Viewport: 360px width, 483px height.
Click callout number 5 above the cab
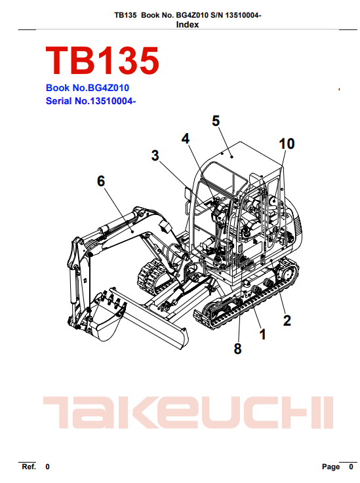click(216, 121)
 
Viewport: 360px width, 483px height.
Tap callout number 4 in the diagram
click(185, 139)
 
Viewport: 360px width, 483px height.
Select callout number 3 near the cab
click(155, 155)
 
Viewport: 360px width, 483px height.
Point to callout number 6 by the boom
click(101, 181)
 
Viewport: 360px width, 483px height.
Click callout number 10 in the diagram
click(287, 144)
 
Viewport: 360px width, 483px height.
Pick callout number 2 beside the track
click(287, 320)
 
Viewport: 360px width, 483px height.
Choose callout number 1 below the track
click(262, 334)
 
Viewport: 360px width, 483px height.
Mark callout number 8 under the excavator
click(237, 349)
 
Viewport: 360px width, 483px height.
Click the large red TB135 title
click(102, 61)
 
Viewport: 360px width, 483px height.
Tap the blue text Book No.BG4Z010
click(87, 88)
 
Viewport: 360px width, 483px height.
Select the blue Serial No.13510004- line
click(90, 101)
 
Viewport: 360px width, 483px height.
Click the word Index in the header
click(188, 25)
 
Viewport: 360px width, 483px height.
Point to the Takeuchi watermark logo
click(188, 413)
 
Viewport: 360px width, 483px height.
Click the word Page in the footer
click(331, 467)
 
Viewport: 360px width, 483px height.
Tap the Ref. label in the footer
click(29, 467)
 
